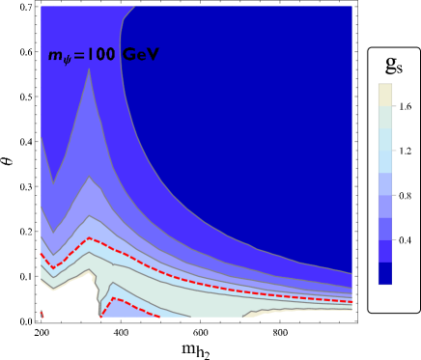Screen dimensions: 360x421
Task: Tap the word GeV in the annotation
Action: [140, 55]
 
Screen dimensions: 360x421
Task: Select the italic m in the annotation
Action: [54, 56]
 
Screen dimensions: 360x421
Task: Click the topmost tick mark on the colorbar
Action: [394, 106]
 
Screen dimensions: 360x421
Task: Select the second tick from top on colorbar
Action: [394, 151]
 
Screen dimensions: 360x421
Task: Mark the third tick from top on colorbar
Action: [394, 195]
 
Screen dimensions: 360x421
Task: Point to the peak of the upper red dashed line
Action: [89, 237]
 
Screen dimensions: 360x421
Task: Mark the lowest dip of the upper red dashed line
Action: [53, 267]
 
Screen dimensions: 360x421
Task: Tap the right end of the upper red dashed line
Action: [351, 301]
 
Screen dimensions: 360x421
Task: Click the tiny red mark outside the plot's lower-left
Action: [42, 314]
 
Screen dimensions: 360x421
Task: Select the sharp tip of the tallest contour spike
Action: [89, 69]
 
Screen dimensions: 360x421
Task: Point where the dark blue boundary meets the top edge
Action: [133, 7]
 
